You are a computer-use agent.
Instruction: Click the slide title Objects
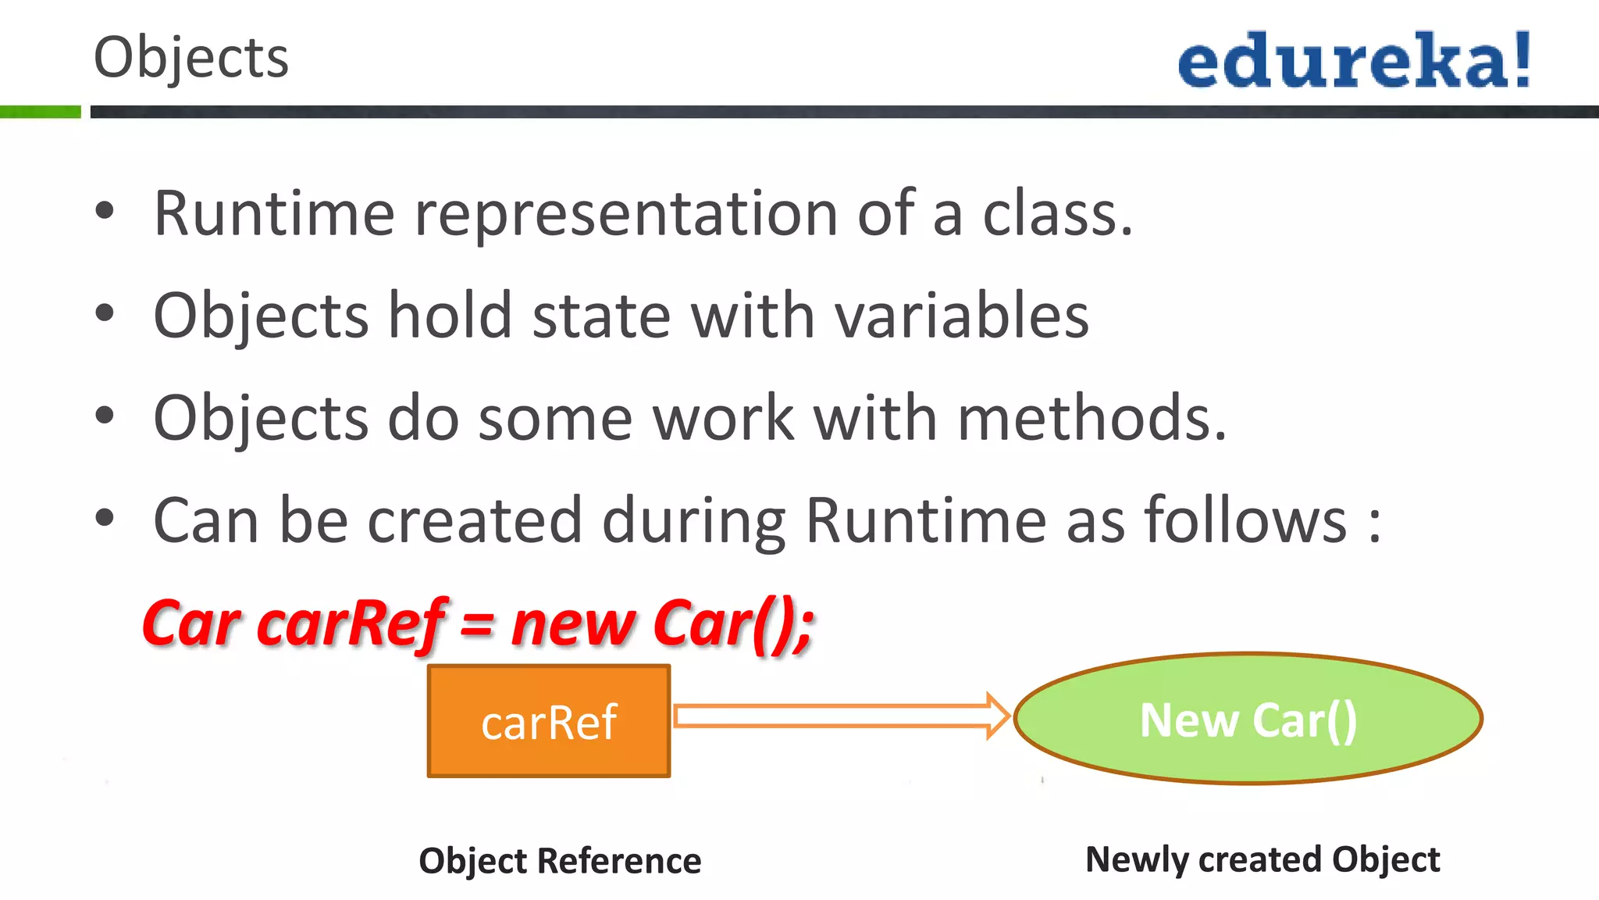191,58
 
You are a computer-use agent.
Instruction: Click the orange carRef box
549,721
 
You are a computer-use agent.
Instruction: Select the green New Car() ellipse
1248,719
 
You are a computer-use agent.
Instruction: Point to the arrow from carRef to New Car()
840,716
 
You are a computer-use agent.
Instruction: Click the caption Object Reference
560,861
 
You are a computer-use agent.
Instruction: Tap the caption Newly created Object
1262,859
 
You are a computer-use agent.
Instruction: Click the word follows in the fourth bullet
1246,520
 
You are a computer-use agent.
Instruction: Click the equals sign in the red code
477,625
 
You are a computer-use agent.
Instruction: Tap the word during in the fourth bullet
693,522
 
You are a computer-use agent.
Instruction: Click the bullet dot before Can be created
105,518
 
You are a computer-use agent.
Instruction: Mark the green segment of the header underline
40,112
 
